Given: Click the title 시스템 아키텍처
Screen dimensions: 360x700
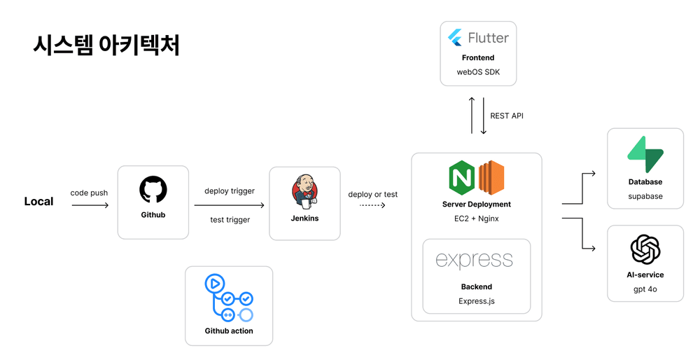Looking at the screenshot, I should [106, 45].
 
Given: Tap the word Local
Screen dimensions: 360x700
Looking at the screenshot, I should [38, 202].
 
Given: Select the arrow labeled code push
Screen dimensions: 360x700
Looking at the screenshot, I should [90, 205].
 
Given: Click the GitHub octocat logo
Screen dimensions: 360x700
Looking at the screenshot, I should [153, 190].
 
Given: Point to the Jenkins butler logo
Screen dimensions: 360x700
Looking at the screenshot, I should [304, 191].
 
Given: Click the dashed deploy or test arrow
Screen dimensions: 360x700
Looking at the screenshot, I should [372, 206].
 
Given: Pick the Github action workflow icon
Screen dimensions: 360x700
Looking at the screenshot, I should [228, 298].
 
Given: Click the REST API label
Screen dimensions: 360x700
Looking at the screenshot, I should [507, 116].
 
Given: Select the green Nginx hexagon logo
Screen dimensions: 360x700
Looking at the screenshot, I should [461, 178].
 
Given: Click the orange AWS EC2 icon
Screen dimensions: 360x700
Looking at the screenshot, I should [491, 178].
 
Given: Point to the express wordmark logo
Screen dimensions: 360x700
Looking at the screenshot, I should [474, 261].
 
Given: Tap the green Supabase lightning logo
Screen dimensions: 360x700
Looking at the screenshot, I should [645, 155].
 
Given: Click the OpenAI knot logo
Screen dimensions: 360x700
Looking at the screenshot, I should [645, 249].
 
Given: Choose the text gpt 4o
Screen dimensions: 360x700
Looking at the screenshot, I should [645, 289].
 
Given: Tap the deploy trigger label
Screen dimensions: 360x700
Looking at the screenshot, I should [230, 191].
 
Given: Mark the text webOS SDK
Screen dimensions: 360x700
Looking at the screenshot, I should [478, 72].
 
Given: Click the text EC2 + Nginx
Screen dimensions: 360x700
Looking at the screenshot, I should [476, 219].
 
